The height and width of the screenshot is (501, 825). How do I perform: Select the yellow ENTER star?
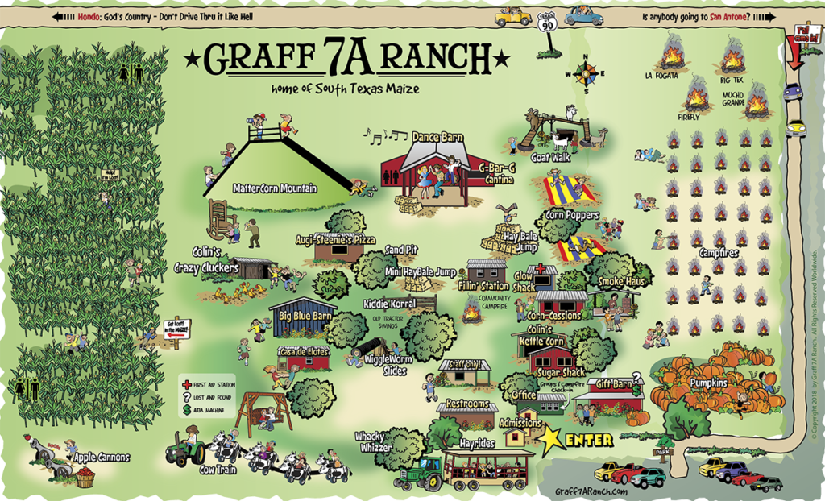pyautogui.click(x=552, y=439)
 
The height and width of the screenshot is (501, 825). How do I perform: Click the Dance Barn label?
pyautogui.click(x=437, y=138)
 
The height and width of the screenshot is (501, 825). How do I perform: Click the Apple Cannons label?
pyautogui.click(x=102, y=458)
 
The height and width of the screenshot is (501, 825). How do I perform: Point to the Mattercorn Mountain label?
pyautogui.click(x=275, y=188)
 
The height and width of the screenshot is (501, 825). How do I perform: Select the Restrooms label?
pyautogui.click(x=469, y=402)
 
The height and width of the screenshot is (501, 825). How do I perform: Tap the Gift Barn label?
pyautogui.click(x=609, y=384)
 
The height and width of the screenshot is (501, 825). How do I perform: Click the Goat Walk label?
pyautogui.click(x=551, y=158)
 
